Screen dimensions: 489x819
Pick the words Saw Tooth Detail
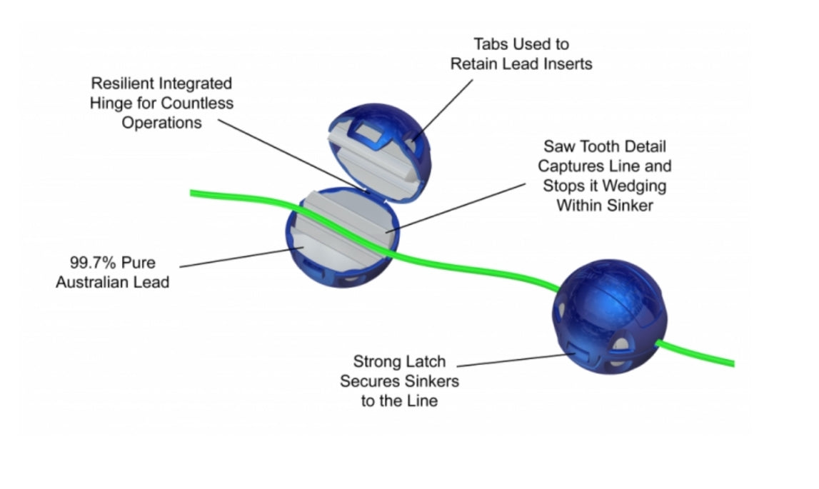pyautogui.click(x=604, y=146)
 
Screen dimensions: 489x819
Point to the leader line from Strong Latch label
pyautogui.click(x=514, y=359)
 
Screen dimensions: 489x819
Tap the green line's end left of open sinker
pyautogui.click(x=193, y=192)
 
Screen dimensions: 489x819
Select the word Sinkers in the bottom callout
pyautogui.click(x=430, y=380)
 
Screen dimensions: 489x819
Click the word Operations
pyautogui.click(x=161, y=122)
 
